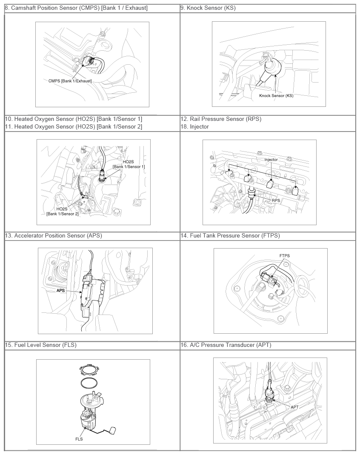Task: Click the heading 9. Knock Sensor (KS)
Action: coord(208,8)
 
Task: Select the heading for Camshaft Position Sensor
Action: coord(76,8)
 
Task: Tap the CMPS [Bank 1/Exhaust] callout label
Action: coord(70,81)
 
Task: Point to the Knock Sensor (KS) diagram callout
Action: coord(276,95)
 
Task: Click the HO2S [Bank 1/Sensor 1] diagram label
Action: coord(129,164)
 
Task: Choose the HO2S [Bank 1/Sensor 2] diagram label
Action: coord(62,211)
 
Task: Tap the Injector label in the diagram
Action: coord(271,160)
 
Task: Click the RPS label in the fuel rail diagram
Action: coord(276,200)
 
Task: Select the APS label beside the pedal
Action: coord(60,290)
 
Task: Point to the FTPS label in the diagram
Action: coord(285,256)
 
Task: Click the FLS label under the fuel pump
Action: coord(79,439)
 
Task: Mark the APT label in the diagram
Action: coord(294,407)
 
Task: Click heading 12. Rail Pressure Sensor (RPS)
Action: coord(221,119)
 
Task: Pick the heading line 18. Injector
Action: coord(194,126)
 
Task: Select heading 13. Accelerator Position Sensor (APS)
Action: coord(53,236)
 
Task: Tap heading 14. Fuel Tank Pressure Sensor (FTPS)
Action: coord(230,236)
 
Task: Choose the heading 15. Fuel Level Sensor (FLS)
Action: coord(40,345)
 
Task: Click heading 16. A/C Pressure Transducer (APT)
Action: coord(226,345)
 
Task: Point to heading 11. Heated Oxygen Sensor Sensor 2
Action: coord(73,126)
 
